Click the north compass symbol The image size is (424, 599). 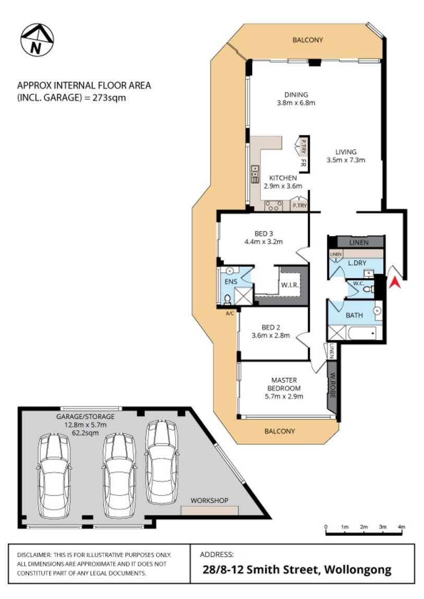pyautogui.click(x=37, y=40)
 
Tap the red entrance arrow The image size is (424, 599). pyautogui.click(x=395, y=282)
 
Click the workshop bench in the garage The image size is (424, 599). pyautogui.click(x=209, y=510)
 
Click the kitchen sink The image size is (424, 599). pyautogui.click(x=255, y=174)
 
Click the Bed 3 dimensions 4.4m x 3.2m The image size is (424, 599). pyautogui.click(x=263, y=241)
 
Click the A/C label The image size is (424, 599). pyautogui.click(x=229, y=313)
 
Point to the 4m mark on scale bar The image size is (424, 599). pyautogui.click(x=401, y=527)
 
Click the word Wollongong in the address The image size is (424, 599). pyautogui.click(x=357, y=569)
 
